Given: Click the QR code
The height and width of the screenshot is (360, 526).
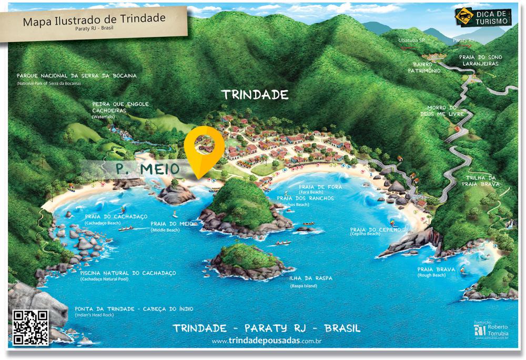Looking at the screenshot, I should (30, 327).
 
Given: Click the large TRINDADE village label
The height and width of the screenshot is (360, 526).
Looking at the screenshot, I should (255, 95).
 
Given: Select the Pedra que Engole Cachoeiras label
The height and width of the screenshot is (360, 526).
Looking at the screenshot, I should (120, 107).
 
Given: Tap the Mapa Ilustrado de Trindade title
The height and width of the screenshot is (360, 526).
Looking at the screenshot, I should (95, 21).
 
